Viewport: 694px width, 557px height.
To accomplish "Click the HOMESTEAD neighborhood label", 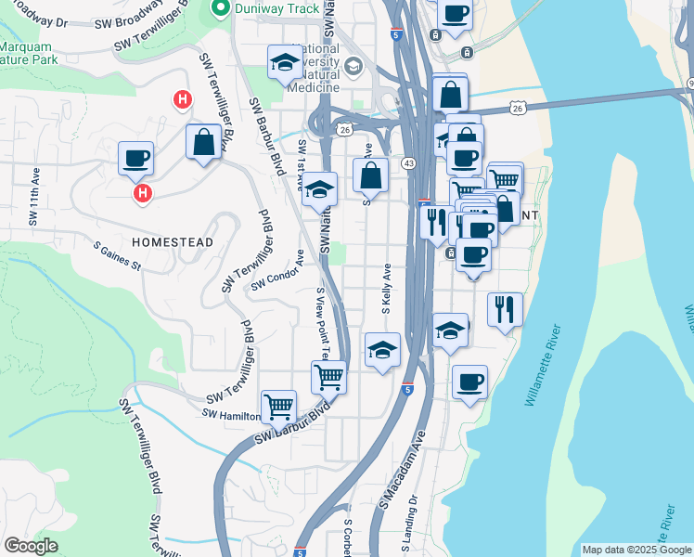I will point(173,241).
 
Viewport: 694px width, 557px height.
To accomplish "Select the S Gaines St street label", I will point(116,257).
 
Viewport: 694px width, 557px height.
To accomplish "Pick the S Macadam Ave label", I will point(402,470).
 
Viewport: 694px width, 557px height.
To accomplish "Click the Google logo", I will point(32,546).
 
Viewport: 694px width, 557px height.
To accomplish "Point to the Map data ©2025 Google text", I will point(636,550).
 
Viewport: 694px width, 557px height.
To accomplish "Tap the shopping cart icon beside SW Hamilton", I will point(277,407).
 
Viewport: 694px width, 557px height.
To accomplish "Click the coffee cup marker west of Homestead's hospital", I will point(135,158).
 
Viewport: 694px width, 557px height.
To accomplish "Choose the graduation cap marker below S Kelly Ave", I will point(381,350).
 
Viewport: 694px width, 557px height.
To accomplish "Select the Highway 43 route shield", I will point(408,163).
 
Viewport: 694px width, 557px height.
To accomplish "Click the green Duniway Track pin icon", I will point(220,10).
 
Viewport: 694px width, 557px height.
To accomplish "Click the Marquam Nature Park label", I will point(28,53).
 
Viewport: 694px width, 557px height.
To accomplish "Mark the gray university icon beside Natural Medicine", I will point(353,66).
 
